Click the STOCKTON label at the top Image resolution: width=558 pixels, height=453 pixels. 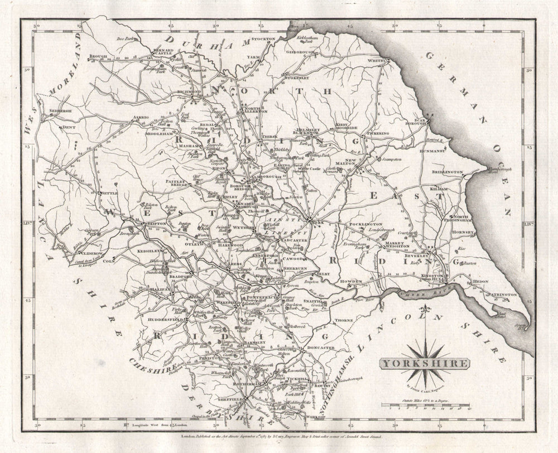click(x=264, y=38)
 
